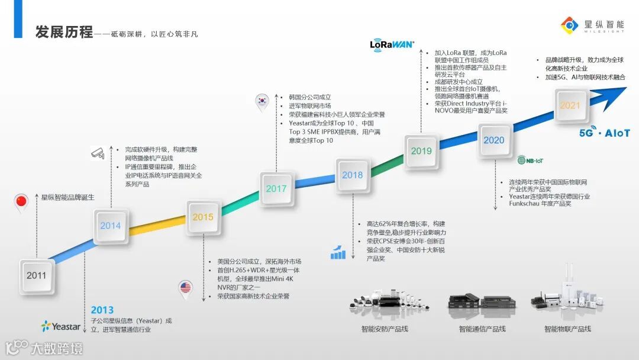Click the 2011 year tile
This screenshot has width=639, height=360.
point(36,275)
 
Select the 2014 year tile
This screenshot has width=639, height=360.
point(111,226)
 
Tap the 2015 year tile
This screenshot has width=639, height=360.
point(203,217)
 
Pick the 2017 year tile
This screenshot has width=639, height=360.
point(276,189)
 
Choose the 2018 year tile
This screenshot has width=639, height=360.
point(353,175)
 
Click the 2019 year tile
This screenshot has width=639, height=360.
point(421,151)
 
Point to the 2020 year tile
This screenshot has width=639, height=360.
point(494,140)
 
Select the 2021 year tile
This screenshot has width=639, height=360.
point(570,105)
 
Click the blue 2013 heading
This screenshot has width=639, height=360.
point(102,310)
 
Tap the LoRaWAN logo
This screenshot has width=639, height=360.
point(392,44)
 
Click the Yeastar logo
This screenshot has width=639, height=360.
point(61,326)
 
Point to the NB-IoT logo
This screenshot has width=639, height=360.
point(530,160)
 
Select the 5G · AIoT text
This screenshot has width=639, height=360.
point(605,133)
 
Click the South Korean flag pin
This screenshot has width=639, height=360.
point(263,101)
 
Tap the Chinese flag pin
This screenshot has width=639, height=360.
point(21,202)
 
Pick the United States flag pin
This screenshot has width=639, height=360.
point(186,288)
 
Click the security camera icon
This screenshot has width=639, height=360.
point(98,153)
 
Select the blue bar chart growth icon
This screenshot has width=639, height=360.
point(338,251)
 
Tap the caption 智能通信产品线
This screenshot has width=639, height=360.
point(482,329)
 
